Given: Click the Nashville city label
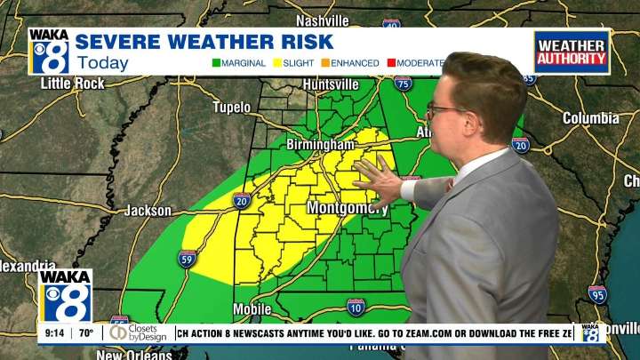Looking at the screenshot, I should (322, 20).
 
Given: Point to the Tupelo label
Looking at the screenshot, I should (232, 108).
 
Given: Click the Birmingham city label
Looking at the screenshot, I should (320, 144).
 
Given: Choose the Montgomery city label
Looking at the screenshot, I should (347, 208).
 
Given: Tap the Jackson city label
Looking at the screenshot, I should (148, 211).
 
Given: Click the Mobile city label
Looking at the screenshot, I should (253, 309).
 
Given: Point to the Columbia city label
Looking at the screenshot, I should (591, 118).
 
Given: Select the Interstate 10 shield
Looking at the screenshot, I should (356, 307).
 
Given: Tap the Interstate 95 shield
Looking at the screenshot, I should (597, 294).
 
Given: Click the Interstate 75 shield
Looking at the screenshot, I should (404, 84).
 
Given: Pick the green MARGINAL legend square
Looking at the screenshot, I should (216, 63).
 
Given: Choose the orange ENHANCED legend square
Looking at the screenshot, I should (326, 63).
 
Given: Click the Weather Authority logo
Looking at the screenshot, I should (572, 52).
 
